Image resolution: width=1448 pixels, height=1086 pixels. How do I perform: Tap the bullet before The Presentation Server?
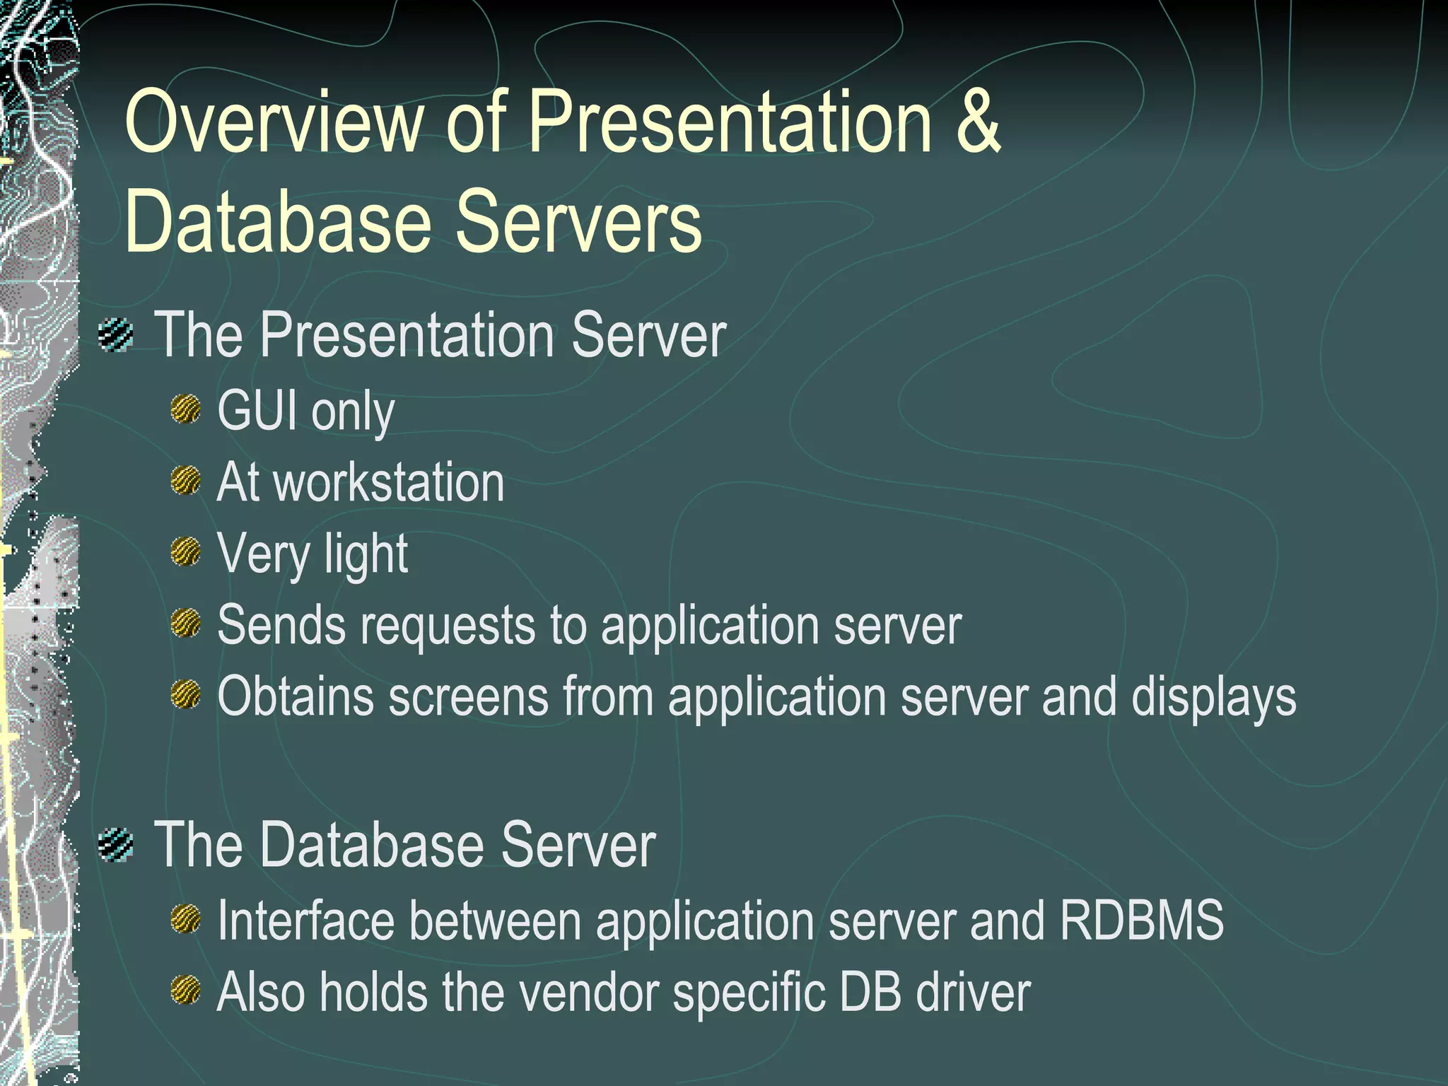[116, 335]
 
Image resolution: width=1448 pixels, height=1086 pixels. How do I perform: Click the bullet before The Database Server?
[116, 845]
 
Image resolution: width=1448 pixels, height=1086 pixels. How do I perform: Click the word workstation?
[388, 483]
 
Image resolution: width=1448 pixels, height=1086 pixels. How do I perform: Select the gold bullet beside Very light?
[186, 551]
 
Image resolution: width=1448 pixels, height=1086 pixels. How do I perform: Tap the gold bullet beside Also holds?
[186, 990]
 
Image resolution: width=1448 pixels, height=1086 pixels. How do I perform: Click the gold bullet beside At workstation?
[186, 481]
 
